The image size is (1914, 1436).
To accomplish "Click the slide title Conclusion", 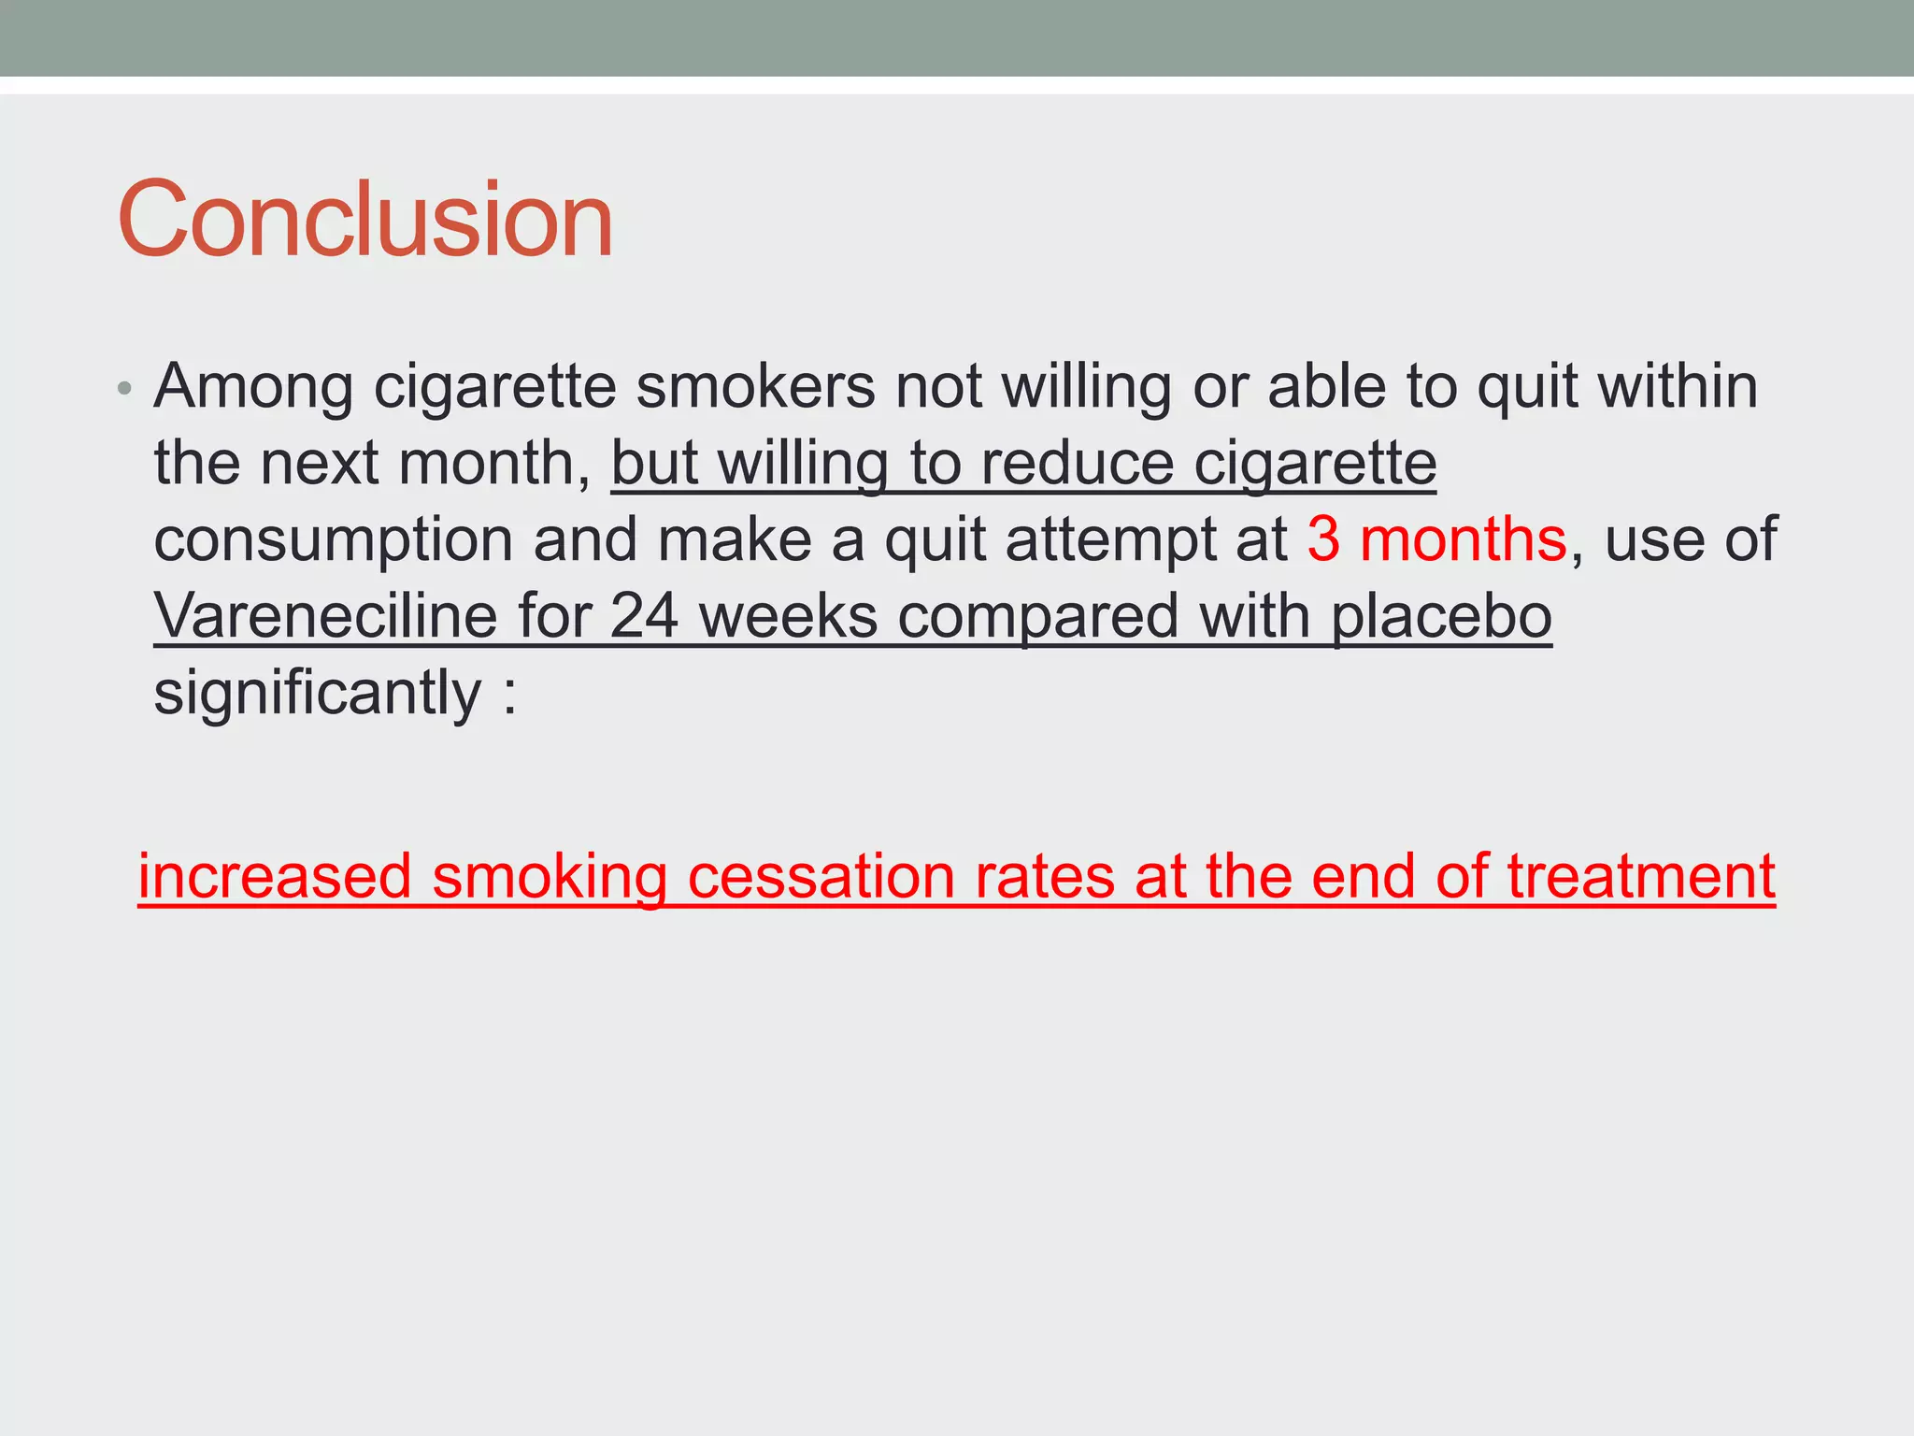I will click(x=364, y=220).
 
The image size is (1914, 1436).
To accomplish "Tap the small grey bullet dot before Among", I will click(x=125, y=388).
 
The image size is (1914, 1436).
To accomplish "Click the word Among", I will click(x=253, y=387).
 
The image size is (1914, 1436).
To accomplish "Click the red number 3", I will click(x=1323, y=540).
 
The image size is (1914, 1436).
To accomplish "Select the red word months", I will click(x=1463, y=540).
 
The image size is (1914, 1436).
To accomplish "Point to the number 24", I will click(x=644, y=617).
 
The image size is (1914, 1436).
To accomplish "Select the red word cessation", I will click(x=820, y=877).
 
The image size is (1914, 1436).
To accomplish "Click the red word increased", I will click(x=275, y=877).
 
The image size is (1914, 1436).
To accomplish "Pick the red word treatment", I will click(x=1641, y=877).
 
